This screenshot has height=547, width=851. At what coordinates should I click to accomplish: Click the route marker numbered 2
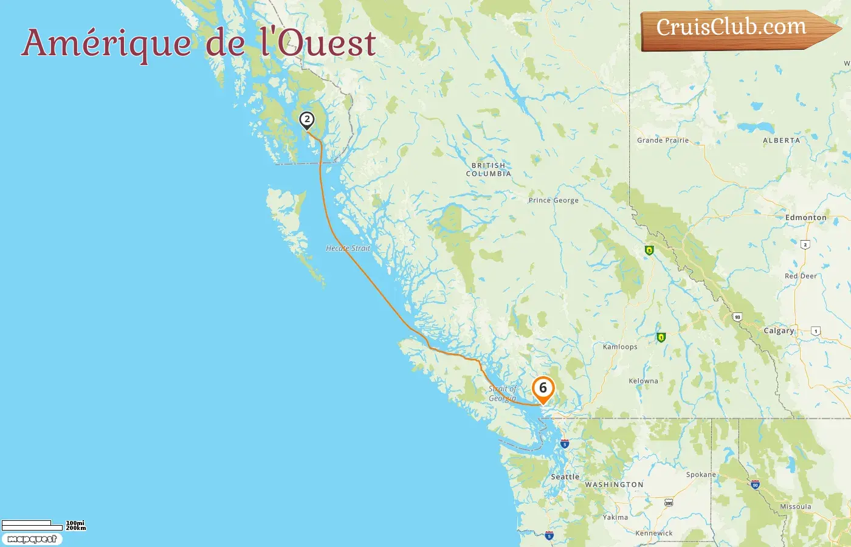[307, 120]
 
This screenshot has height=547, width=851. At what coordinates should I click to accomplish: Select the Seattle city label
[565, 477]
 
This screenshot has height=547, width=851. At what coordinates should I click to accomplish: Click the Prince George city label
[553, 201]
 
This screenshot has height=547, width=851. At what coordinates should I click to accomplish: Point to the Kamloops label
[620, 347]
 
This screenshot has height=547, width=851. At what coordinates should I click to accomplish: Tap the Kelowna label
[643, 381]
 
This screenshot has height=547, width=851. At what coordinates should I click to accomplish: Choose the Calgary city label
[779, 331]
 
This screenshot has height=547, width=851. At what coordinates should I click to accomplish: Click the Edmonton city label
[805, 218]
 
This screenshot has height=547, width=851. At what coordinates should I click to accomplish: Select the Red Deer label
[801, 276]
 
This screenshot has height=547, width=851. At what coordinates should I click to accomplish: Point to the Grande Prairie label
[663, 140]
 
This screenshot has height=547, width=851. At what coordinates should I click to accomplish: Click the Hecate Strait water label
[348, 248]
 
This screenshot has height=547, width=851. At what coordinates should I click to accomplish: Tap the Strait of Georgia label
[503, 394]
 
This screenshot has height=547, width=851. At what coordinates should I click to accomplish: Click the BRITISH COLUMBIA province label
[488, 170]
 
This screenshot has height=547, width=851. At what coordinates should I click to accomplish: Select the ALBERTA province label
[781, 140]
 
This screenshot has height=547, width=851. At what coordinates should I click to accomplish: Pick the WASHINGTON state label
[614, 485]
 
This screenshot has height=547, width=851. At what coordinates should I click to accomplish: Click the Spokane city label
[701, 475]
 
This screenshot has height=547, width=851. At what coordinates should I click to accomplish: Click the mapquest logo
[32, 539]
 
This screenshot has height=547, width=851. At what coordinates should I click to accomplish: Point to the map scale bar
[32, 525]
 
